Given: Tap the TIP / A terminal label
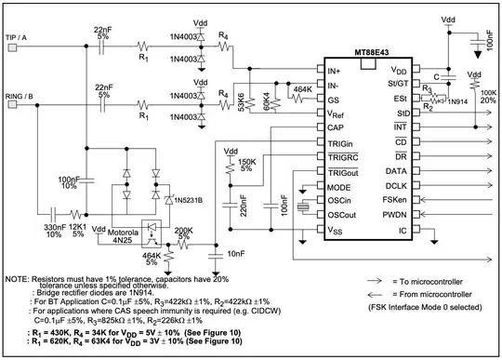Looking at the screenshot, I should (x=22, y=37).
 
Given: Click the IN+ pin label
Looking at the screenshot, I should (x=335, y=70).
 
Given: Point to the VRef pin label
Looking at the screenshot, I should (x=337, y=113).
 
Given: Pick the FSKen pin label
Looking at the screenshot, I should (x=396, y=200).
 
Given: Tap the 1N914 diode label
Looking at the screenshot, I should (x=457, y=100).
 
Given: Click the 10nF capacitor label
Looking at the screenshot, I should (x=237, y=252).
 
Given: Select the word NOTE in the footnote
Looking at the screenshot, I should (x=18, y=279).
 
